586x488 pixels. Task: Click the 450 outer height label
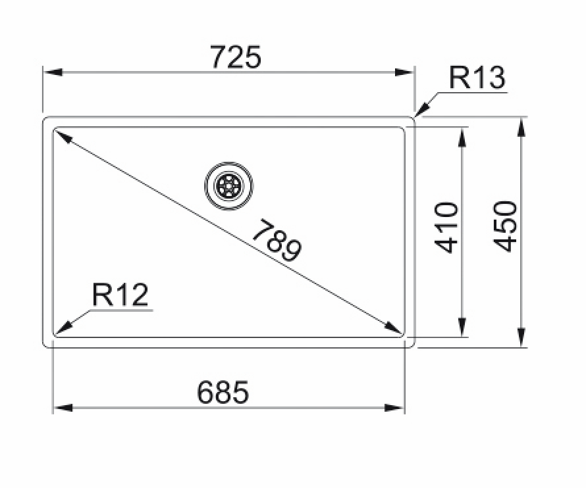[506, 227]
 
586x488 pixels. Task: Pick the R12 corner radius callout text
[120, 295]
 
